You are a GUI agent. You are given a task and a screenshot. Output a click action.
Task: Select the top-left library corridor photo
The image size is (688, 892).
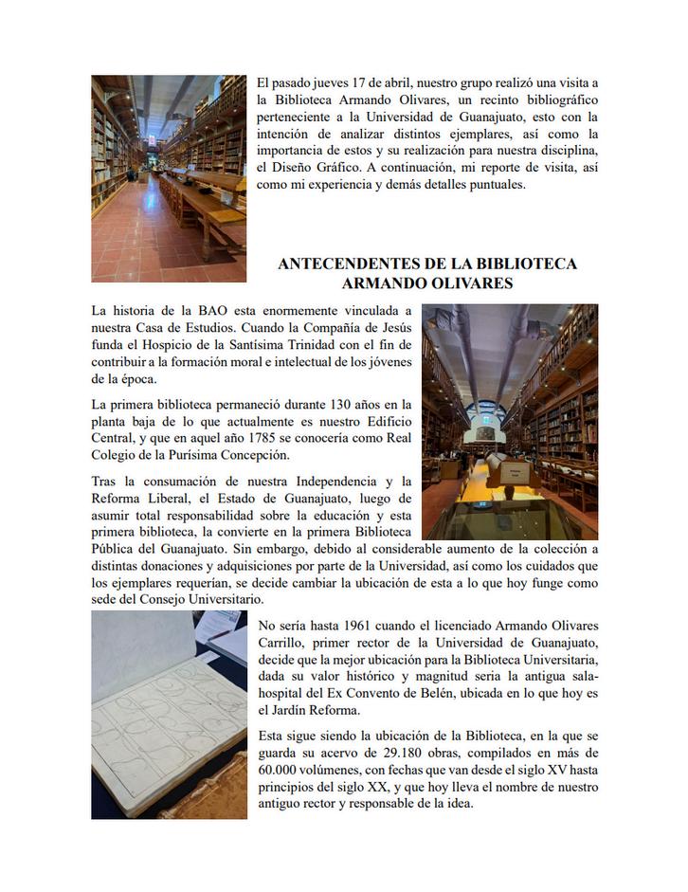pos(168,178)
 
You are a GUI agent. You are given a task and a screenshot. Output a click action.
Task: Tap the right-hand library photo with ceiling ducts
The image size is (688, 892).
pos(509,421)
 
